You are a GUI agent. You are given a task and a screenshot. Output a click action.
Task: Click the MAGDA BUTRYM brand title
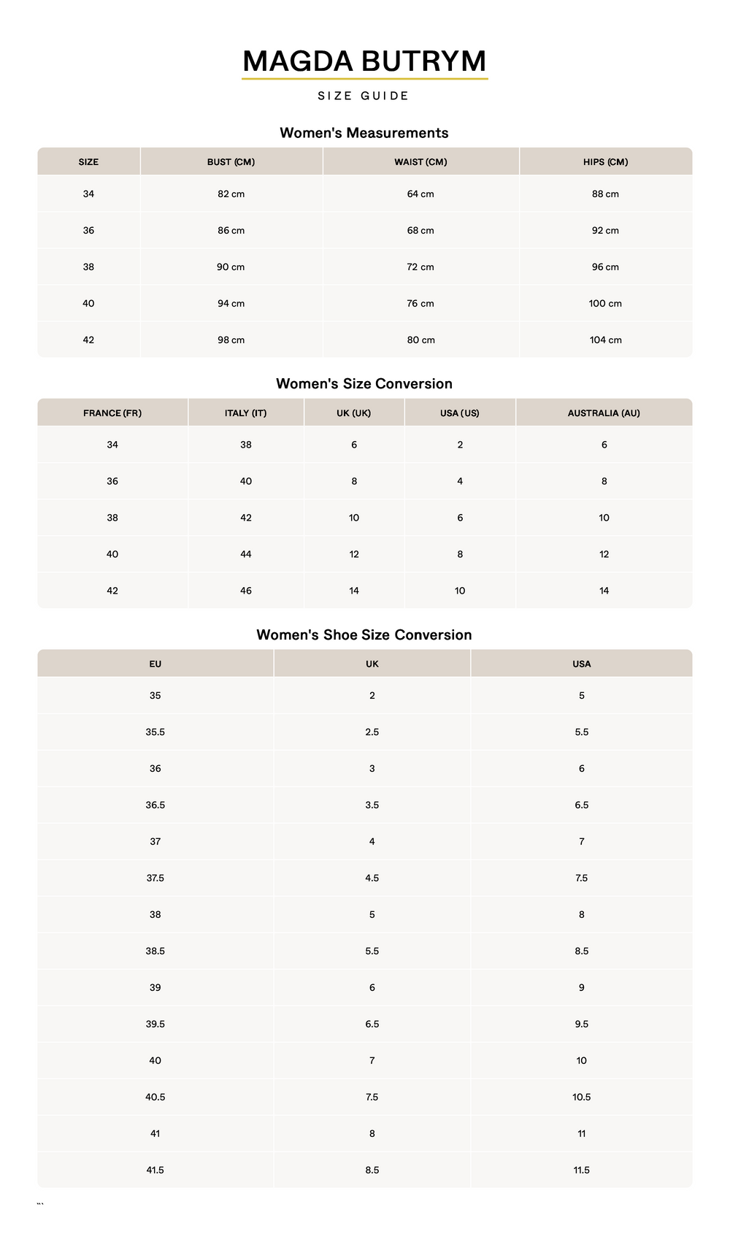(x=364, y=61)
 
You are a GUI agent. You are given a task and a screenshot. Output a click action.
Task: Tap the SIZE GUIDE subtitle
(x=364, y=96)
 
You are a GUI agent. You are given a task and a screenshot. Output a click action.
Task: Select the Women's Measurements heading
(x=364, y=133)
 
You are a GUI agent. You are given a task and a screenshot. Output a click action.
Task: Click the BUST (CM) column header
(x=231, y=162)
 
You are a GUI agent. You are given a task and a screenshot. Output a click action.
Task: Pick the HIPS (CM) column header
(x=605, y=162)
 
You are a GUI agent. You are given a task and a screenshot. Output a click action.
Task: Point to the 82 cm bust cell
(x=231, y=194)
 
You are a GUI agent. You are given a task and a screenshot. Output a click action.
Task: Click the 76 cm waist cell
(x=420, y=304)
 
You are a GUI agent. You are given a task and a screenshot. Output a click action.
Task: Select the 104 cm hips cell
(x=605, y=340)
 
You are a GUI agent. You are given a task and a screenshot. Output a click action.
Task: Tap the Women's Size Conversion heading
(x=364, y=384)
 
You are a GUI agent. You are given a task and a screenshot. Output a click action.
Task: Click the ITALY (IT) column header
(x=245, y=413)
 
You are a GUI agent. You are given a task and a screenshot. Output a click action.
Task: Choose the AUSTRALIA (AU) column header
(x=604, y=413)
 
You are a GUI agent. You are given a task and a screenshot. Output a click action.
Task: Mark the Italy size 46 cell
(x=246, y=591)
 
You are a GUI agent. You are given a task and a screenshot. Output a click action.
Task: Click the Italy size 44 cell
(x=246, y=554)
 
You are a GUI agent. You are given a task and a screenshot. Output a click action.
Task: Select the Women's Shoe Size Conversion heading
(x=364, y=635)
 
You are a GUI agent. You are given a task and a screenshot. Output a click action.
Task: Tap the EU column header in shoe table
(x=155, y=664)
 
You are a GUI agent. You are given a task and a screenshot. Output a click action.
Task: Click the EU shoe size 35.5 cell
(x=155, y=732)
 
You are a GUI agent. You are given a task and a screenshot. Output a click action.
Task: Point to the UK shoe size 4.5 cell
(x=372, y=878)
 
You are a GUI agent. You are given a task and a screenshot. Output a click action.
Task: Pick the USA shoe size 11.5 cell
(x=581, y=1170)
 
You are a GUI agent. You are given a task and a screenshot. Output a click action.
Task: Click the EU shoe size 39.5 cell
(x=155, y=1024)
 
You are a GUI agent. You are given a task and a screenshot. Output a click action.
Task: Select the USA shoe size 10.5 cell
(x=581, y=1097)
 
